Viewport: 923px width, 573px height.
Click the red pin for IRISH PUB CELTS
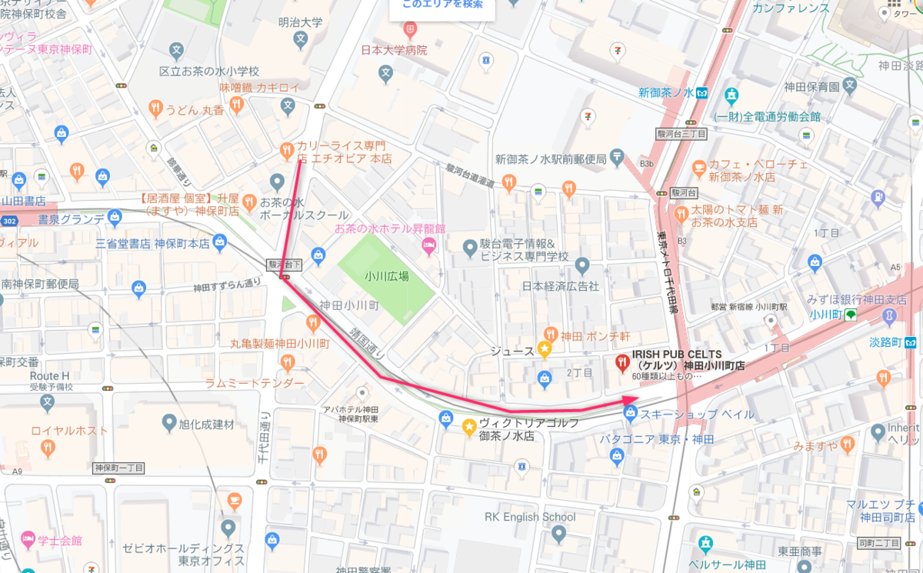(x=622, y=361)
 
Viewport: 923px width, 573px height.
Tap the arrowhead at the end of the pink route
(x=630, y=401)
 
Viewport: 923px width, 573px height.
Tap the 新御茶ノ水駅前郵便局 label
(x=551, y=159)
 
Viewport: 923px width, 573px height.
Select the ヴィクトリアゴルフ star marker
(x=468, y=425)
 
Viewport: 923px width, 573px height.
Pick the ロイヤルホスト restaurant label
(x=69, y=431)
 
